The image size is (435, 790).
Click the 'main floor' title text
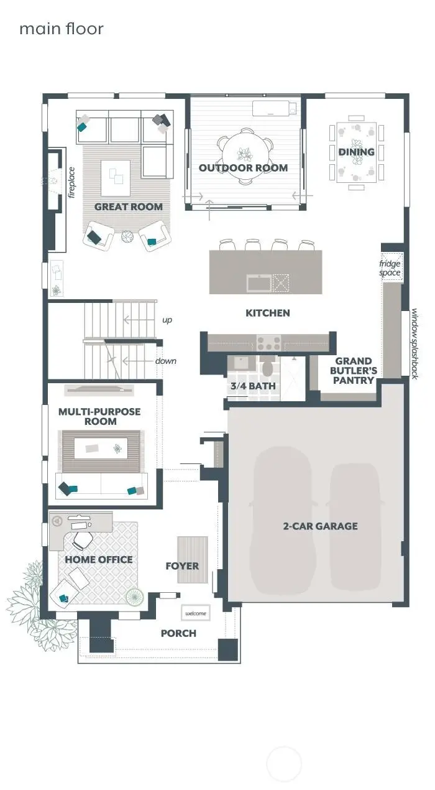point(61,29)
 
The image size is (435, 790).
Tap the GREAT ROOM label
point(129,207)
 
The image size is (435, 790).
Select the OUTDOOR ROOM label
point(243,168)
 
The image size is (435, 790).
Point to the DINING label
point(356,152)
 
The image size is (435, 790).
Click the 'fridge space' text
point(390,268)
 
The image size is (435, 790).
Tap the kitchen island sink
point(259,283)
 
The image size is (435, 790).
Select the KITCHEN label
point(268,313)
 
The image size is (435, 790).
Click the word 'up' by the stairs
point(167,320)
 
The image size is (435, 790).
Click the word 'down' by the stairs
point(166,361)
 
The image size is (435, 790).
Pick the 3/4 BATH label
point(254,386)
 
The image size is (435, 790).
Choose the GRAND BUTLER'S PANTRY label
point(354,371)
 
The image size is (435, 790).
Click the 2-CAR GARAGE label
point(320,526)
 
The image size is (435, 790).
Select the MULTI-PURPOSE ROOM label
point(99,416)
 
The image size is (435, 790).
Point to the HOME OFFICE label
point(99,560)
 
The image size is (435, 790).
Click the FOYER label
point(182,566)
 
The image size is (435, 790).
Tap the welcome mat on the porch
point(196,613)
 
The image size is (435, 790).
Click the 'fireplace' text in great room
point(71,182)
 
